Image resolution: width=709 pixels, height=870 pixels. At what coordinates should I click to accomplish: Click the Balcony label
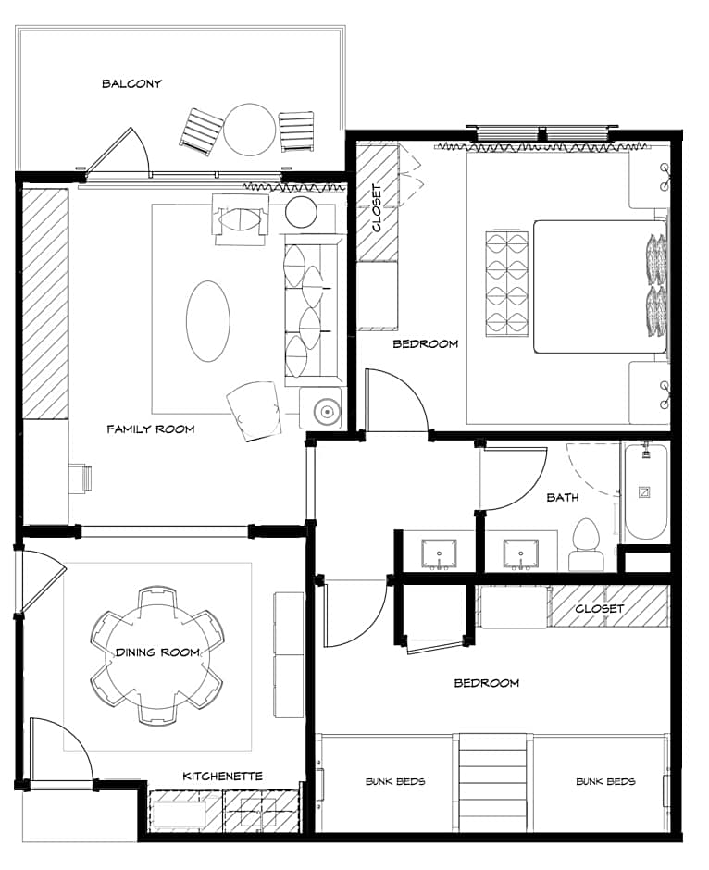coord(131,84)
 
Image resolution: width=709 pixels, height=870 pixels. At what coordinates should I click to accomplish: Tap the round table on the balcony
coord(249,130)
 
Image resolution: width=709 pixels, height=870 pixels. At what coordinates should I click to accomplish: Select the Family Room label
coord(150,429)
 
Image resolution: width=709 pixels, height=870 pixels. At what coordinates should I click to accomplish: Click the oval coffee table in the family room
coord(208,321)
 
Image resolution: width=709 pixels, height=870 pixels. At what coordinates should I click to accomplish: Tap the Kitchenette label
coord(222,776)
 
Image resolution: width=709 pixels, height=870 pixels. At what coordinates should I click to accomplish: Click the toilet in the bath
coord(586,544)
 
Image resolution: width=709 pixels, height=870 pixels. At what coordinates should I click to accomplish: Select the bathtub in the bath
coord(644,491)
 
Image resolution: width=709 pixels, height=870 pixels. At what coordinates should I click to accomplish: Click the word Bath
coord(563,497)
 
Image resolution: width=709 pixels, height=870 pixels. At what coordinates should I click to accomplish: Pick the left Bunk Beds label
coord(395,781)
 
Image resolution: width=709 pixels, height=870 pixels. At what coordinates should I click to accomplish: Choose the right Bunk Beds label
coord(606,781)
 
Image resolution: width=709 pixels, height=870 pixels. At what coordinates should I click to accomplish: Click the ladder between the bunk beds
coord(492,782)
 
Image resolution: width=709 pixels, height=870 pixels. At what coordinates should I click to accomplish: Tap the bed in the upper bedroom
coord(600,286)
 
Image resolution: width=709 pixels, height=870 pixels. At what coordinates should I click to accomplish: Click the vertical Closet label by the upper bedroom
coord(377,207)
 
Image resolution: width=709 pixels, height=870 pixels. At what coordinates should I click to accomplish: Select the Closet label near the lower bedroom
coord(599,608)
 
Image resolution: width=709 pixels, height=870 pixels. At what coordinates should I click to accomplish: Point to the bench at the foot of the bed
coord(506,283)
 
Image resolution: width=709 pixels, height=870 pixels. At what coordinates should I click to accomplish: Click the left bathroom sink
coord(439,553)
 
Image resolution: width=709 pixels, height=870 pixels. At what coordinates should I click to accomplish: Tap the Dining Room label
coord(157,652)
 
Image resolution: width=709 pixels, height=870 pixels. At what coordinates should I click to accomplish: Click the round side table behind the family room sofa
coord(301,212)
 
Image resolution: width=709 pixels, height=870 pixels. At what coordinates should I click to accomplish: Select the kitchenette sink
coord(260,813)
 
